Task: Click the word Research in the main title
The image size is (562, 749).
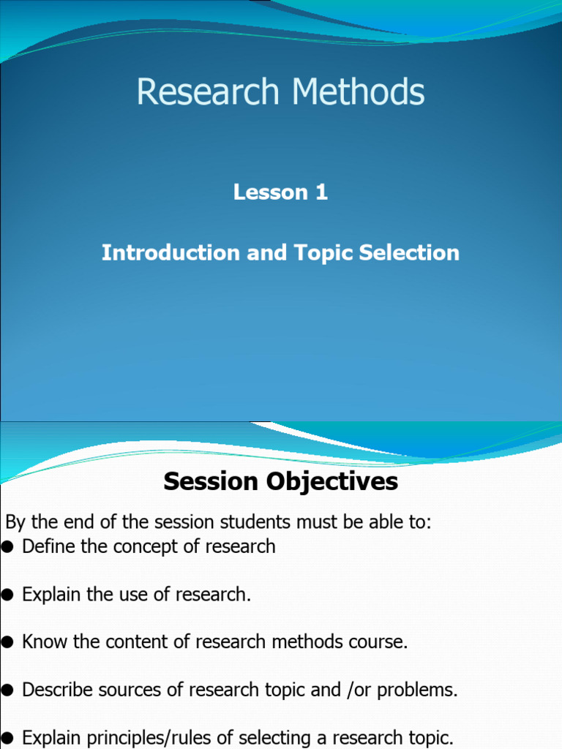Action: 208,93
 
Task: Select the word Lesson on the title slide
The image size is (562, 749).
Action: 271,192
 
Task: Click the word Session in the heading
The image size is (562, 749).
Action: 211,482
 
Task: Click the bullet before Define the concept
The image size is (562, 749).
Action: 8,547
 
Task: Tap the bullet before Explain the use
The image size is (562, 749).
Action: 8,595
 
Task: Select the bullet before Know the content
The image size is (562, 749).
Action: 8,642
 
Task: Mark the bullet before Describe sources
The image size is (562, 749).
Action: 8,690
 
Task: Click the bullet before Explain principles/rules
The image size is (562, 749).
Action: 8,737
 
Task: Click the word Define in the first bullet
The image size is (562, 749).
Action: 46,546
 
